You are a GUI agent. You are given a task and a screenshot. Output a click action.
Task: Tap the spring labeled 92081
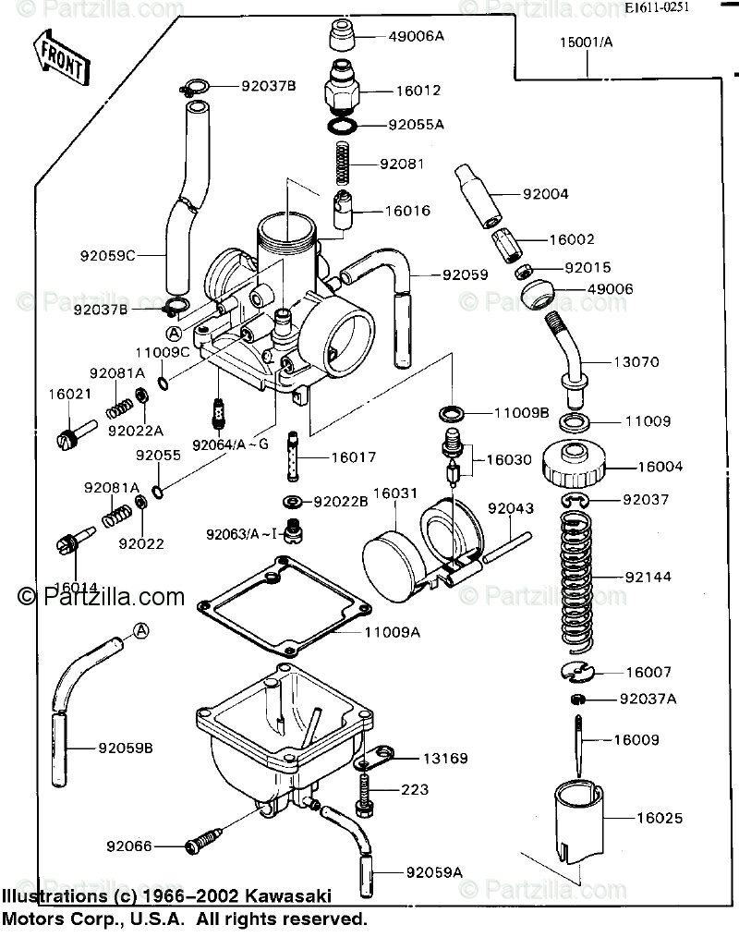click(x=344, y=164)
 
